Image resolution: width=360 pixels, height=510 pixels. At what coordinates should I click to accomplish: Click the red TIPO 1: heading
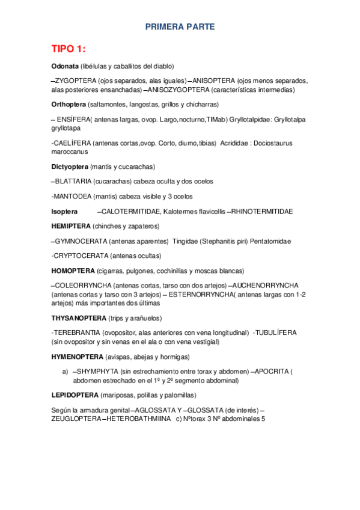coord(69,49)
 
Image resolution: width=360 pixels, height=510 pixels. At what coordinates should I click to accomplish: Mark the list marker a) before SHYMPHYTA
coord(66,372)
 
